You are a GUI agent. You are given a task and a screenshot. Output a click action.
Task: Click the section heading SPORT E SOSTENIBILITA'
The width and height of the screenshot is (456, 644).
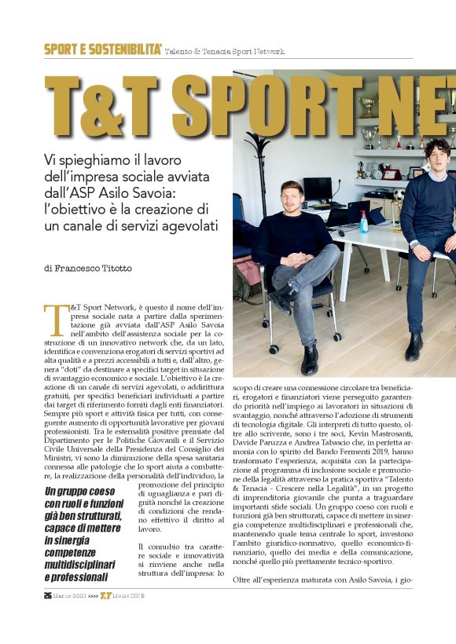tap(103, 49)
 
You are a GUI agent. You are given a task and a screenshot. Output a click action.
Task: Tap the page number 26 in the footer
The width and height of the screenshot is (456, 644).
tap(48, 617)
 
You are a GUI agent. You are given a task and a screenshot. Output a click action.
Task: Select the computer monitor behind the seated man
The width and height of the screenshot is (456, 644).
tap(318, 190)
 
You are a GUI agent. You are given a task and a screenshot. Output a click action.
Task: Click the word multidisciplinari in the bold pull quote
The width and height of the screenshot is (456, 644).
tap(87, 564)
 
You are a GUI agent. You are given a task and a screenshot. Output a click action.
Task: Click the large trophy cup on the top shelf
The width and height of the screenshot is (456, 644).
tap(367, 104)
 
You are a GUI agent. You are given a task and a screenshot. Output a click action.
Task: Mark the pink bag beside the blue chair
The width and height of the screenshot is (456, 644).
tap(245, 271)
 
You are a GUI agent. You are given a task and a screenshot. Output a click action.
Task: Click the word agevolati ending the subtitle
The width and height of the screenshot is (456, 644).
tap(186, 228)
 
